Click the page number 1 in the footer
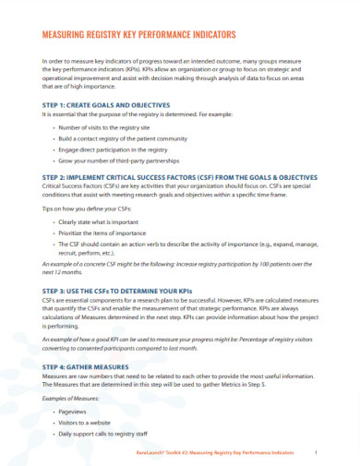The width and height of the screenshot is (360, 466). coord(317,454)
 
